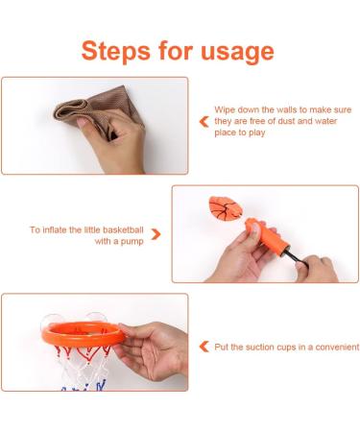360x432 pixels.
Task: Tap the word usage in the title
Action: pyautogui.click(x=235, y=50)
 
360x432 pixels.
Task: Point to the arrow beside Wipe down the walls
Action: pyautogui.click(x=203, y=123)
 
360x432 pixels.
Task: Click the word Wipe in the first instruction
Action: pyautogui.click(x=226, y=110)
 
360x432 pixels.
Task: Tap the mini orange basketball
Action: pyautogui.click(x=224, y=208)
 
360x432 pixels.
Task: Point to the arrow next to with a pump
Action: pyautogui.click(x=156, y=233)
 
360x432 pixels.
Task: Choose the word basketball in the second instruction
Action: pyautogui.click(x=123, y=230)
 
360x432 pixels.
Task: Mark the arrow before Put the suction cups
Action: pyautogui.click(x=203, y=347)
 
